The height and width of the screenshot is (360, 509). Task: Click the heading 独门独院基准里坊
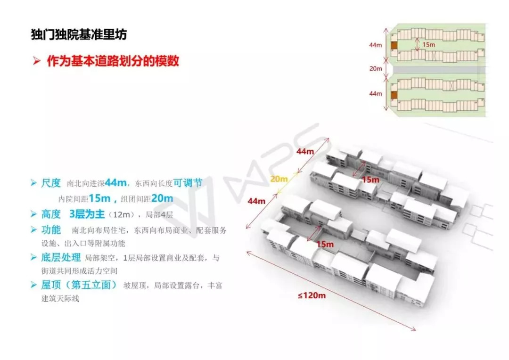click(x=78, y=35)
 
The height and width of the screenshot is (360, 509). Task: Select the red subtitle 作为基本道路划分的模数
click(x=113, y=61)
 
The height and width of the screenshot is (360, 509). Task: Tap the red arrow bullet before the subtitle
click(x=37, y=62)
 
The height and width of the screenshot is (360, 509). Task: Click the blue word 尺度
click(x=51, y=183)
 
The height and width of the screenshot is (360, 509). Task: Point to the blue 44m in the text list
click(x=116, y=183)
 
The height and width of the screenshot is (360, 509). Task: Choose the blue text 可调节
click(x=188, y=183)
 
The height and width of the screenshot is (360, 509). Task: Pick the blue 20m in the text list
click(x=162, y=198)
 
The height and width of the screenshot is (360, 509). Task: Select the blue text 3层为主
click(x=87, y=214)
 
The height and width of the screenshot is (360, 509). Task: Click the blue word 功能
click(x=51, y=230)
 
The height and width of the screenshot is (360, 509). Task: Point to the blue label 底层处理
click(x=61, y=257)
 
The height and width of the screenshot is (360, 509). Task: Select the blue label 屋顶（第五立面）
click(x=79, y=285)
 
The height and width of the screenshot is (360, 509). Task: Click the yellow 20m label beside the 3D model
click(x=279, y=179)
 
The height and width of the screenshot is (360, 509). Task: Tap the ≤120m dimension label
click(x=312, y=296)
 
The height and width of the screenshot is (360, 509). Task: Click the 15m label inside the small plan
click(x=428, y=44)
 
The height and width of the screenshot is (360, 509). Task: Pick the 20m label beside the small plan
click(x=376, y=69)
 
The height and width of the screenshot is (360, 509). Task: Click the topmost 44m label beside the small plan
click(x=376, y=45)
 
